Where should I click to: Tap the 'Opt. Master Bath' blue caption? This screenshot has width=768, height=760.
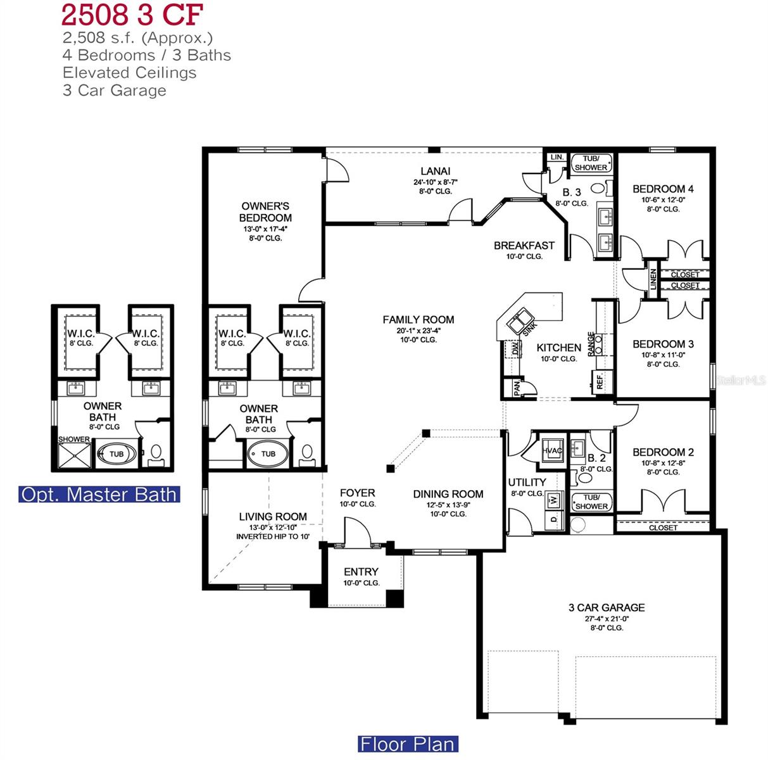point(99,494)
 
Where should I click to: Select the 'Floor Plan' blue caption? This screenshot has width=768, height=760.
point(407,744)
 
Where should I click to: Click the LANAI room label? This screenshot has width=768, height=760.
point(436,171)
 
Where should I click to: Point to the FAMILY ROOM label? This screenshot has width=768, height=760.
point(418,320)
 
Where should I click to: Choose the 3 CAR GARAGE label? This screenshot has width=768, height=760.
point(606,607)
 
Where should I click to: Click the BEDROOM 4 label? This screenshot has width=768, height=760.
point(663,189)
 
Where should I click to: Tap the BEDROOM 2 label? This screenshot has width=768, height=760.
point(663,452)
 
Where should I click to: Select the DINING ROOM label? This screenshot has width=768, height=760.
point(448,494)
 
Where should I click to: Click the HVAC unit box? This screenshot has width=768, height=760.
point(552,450)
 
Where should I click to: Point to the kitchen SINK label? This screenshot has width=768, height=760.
point(529,327)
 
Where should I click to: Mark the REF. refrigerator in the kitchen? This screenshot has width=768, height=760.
point(600,381)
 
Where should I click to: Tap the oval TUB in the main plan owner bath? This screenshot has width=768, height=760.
point(268,453)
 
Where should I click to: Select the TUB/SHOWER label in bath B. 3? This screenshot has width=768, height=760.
point(591,163)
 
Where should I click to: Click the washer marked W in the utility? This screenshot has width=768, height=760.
point(553,500)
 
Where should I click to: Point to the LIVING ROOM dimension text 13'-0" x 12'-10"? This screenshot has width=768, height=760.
point(272,527)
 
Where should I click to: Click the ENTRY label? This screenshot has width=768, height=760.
point(361,572)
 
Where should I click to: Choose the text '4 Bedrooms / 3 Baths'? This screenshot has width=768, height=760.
point(146,55)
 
